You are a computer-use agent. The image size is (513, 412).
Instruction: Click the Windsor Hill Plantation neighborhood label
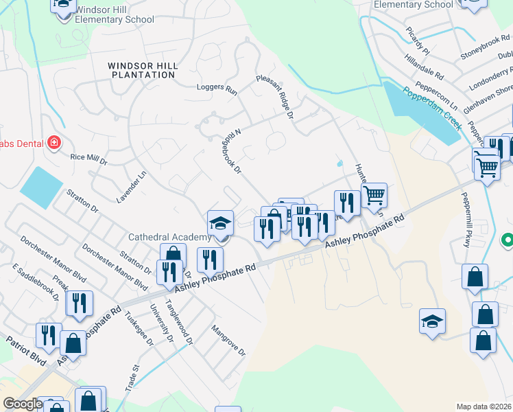point(143,71)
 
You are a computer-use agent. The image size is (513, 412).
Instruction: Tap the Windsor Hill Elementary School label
point(114,14)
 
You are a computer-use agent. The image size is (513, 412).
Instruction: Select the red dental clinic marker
point(53,143)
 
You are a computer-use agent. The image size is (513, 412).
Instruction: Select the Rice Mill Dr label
point(89,159)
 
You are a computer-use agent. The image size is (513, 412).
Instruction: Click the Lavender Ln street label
point(141,185)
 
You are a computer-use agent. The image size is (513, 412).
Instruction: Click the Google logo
point(22,404)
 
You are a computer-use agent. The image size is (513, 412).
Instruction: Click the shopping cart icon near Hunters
point(374,195)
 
